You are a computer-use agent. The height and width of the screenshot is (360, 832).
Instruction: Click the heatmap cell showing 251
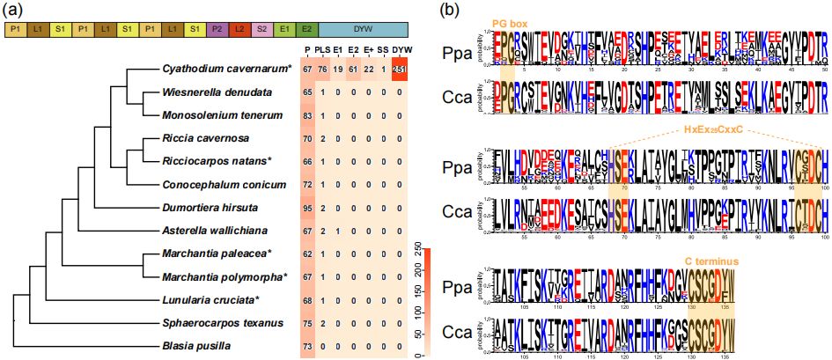click(400, 70)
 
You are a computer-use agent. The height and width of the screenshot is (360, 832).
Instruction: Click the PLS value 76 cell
click(324, 70)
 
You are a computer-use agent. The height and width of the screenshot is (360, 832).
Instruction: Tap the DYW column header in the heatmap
click(400, 48)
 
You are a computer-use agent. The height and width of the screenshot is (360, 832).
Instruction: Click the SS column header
click(383, 48)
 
